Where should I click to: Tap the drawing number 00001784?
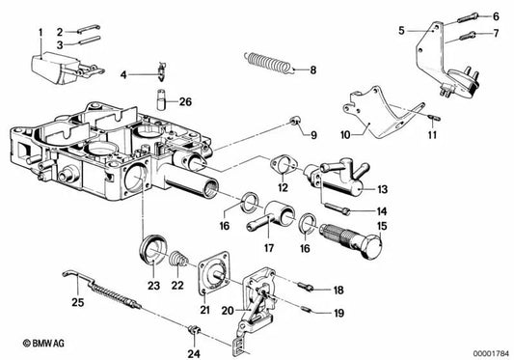[490, 350]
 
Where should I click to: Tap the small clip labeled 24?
[193, 335]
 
